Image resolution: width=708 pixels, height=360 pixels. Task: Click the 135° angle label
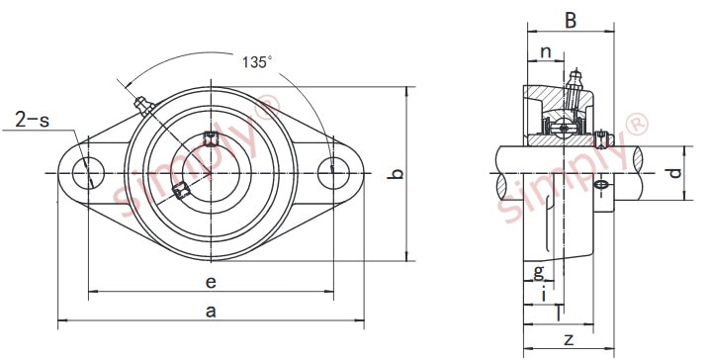[x=257, y=62]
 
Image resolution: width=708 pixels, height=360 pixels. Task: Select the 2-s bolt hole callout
[x=32, y=121]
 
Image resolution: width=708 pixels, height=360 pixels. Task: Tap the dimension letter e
[x=211, y=282]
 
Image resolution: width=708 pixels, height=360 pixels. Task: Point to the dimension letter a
[x=210, y=311]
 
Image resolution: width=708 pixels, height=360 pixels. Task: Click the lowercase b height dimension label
[x=396, y=175]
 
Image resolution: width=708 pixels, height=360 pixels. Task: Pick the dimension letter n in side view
[x=545, y=52]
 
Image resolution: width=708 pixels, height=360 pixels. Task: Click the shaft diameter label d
[x=673, y=174]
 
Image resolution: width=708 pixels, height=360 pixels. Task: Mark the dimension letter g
[x=538, y=271]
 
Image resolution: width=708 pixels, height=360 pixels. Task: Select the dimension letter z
[x=568, y=339]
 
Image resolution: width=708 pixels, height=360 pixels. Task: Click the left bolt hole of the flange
[x=87, y=174]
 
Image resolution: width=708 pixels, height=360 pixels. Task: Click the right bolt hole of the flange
[x=333, y=174]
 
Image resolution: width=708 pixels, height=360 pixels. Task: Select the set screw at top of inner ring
[x=210, y=138]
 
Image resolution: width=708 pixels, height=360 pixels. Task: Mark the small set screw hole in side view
[x=602, y=185]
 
